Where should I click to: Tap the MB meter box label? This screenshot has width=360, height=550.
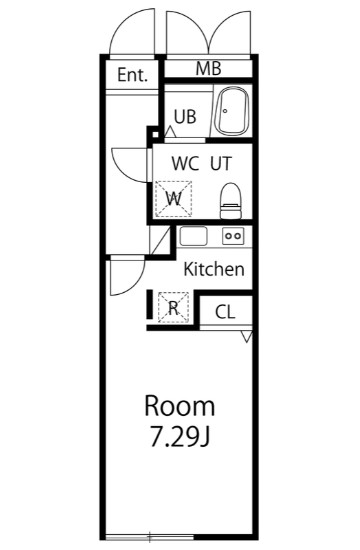(x=208, y=69)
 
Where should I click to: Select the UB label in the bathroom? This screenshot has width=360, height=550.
(x=185, y=116)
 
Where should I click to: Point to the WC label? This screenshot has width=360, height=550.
(x=185, y=163)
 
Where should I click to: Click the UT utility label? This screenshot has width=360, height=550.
(x=221, y=163)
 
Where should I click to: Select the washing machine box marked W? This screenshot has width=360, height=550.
(x=173, y=197)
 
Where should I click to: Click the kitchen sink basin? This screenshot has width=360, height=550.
(x=193, y=237)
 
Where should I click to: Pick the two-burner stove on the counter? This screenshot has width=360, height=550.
(x=233, y=237)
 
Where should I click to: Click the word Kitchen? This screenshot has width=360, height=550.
(x=214, y=269)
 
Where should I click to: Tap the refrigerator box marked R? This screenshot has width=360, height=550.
(x=173, y=307)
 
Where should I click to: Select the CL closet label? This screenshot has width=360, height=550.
(x=225, y=312)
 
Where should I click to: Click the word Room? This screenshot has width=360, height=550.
(x=180, y=406)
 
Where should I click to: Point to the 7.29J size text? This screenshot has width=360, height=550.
(x=180, y=437)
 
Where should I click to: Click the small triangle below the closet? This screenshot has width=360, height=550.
(x=246, y=337)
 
